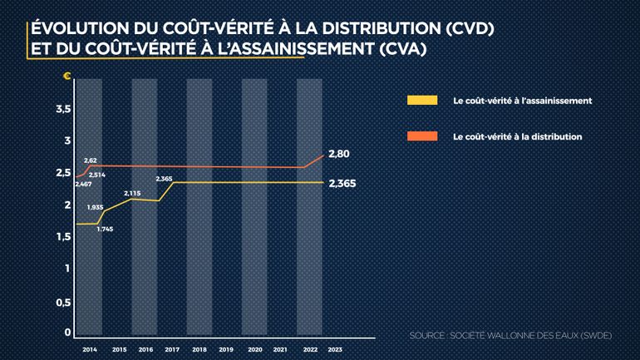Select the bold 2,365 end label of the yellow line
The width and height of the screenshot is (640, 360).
point(342,184)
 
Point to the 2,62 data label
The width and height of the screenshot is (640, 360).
point(91,160)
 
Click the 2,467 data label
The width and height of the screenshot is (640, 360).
point(83,184)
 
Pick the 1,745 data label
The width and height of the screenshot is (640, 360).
point(106,229)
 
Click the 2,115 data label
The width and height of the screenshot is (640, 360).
point(132,193)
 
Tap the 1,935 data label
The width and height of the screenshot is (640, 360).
point(94,207)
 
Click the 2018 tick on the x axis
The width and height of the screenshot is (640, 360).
point(199,350)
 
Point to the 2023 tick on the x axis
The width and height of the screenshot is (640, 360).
point(335,350)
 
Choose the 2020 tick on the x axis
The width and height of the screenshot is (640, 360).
point(254,350)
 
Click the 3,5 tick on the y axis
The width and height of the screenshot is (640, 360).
point(62,109)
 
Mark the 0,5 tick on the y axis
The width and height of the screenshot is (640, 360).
point(62,303)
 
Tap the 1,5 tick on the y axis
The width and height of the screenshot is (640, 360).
point(62,238)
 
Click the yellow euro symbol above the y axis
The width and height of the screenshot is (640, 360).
point(67,76)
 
